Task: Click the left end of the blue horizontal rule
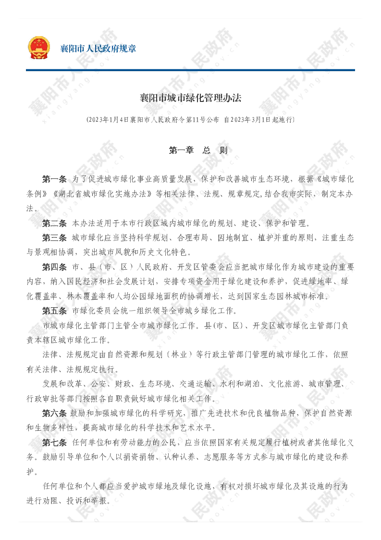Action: click(x=26, y=70)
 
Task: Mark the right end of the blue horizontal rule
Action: click(x=355, y=70)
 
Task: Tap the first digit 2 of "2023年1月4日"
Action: click(x=90, y=120)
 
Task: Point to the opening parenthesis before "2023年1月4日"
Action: click(x=87, y=120)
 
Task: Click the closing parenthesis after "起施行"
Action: click(x=293, y=120)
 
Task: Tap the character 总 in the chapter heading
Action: click(x=207, y=150)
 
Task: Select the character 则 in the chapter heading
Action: click(x=223, y=150)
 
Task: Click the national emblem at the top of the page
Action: click(x=38, y=48)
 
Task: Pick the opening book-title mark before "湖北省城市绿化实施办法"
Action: click(x=55, y=194)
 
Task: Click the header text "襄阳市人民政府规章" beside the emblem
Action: click(x=98, y=48)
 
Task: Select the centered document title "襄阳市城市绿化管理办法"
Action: click(x=190, y=98)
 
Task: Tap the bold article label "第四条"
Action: click(x=54, y=267)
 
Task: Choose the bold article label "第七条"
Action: click(x=54, y=442)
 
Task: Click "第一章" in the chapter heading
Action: click(x=182, y=150)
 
